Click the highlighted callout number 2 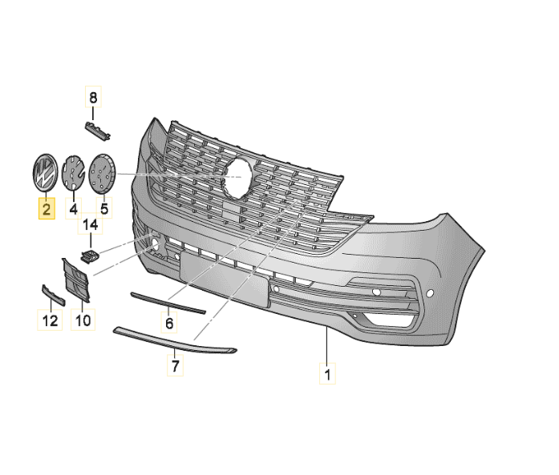point(46,211)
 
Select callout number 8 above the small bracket point(93,99)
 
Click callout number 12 point(50,322)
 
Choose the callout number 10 point(83,321)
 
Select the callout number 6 point(169,324)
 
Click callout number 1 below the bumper point(328,372)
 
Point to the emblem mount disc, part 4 point(74,173)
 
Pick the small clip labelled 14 point(89,256)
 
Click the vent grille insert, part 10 point(75,279)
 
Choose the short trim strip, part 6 point(168,302)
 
